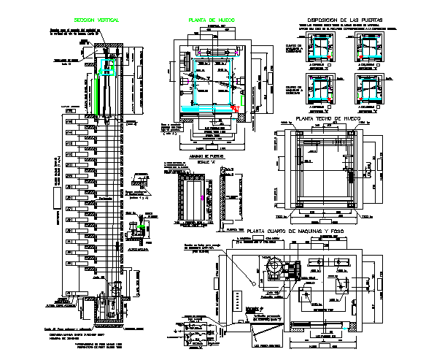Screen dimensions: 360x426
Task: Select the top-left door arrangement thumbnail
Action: [x=319, y=49]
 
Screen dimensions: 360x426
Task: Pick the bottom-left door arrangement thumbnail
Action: [x=319, y=93]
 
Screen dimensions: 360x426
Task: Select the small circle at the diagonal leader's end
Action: [x=252, y=281]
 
